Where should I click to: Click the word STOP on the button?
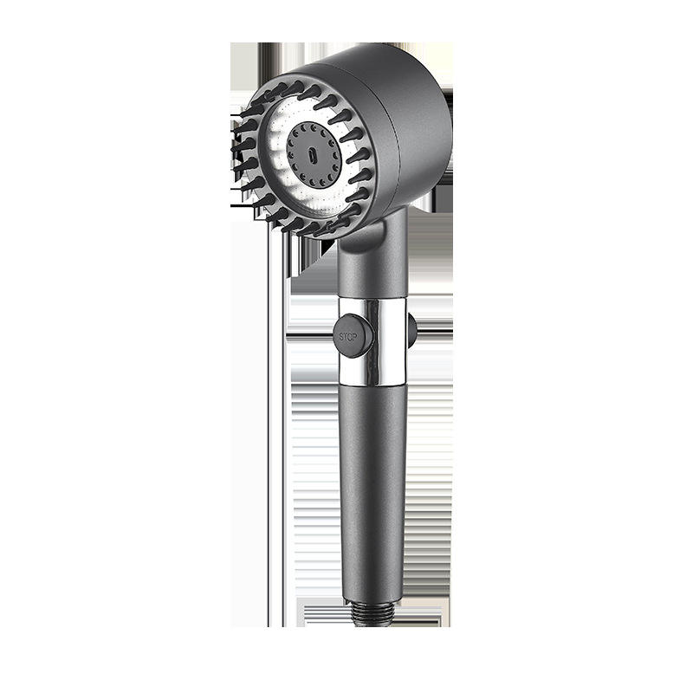click(x=348, y=335)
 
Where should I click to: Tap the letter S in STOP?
click(x=340, y=335)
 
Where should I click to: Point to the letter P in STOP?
click(x=356, y=335)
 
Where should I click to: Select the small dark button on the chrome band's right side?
click(x=411, y=330)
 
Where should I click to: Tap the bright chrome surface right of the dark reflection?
click(x=397, y=342)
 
